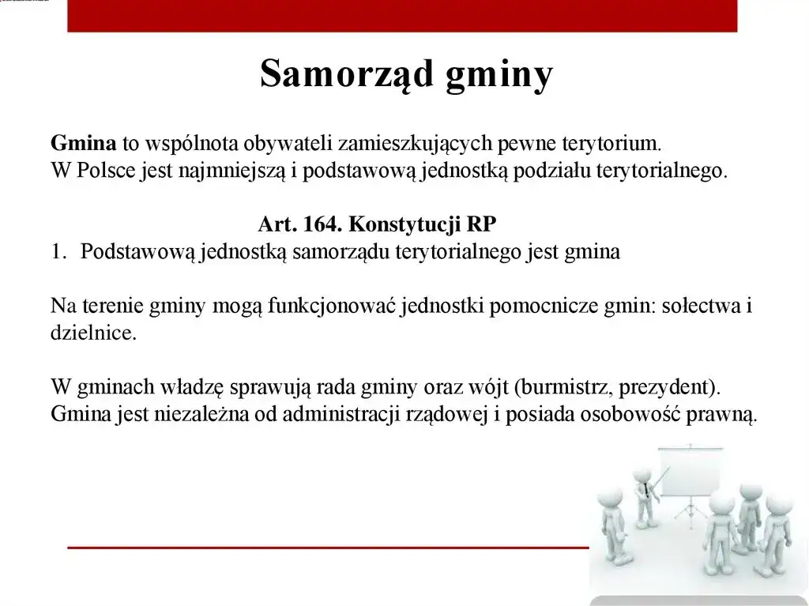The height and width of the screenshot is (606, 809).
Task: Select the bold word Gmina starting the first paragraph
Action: pos(83,143)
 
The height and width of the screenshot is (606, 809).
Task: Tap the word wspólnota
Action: pos(190,144)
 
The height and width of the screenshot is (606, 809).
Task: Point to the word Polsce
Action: pos(106,171)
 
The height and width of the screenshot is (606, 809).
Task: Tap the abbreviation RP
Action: pos(481,224)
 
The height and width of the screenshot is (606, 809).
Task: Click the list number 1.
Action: pos(56,252)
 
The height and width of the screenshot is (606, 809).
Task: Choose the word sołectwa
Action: pos(698,306)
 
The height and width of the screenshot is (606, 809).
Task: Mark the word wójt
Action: pos(491,388)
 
